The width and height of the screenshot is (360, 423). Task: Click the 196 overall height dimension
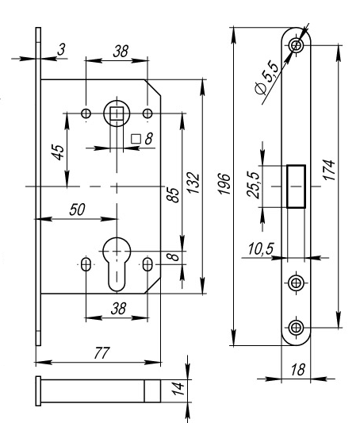coord(224,183)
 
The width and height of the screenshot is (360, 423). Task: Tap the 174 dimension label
coord(329,170)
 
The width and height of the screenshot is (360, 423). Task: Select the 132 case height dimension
coord(193,183)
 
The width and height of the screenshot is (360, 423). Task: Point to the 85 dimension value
coord(172,194)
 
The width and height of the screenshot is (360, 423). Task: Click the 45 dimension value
coord(58,152)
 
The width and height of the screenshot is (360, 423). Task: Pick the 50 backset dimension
coord(77,210)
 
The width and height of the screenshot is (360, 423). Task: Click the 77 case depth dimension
coord(102,353)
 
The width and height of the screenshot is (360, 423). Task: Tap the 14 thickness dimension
coord(178,388)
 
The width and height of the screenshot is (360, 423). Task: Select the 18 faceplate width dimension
coord(298,370)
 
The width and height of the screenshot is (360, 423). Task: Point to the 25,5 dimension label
coord(254,185)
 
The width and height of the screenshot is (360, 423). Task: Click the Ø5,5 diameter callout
coord(266,78)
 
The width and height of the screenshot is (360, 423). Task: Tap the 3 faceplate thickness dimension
coord(62,49)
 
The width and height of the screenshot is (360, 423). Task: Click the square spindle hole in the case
coord(117,113)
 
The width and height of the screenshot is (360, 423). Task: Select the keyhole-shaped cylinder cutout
coord(117,264)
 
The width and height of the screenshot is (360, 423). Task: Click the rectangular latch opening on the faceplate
coord(296,187)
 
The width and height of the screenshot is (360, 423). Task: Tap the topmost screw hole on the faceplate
coord(296,45)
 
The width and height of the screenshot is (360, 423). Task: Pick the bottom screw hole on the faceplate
coord(296,328)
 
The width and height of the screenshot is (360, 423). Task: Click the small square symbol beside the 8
coord(136,139)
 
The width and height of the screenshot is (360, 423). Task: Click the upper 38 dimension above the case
coord(121,52)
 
